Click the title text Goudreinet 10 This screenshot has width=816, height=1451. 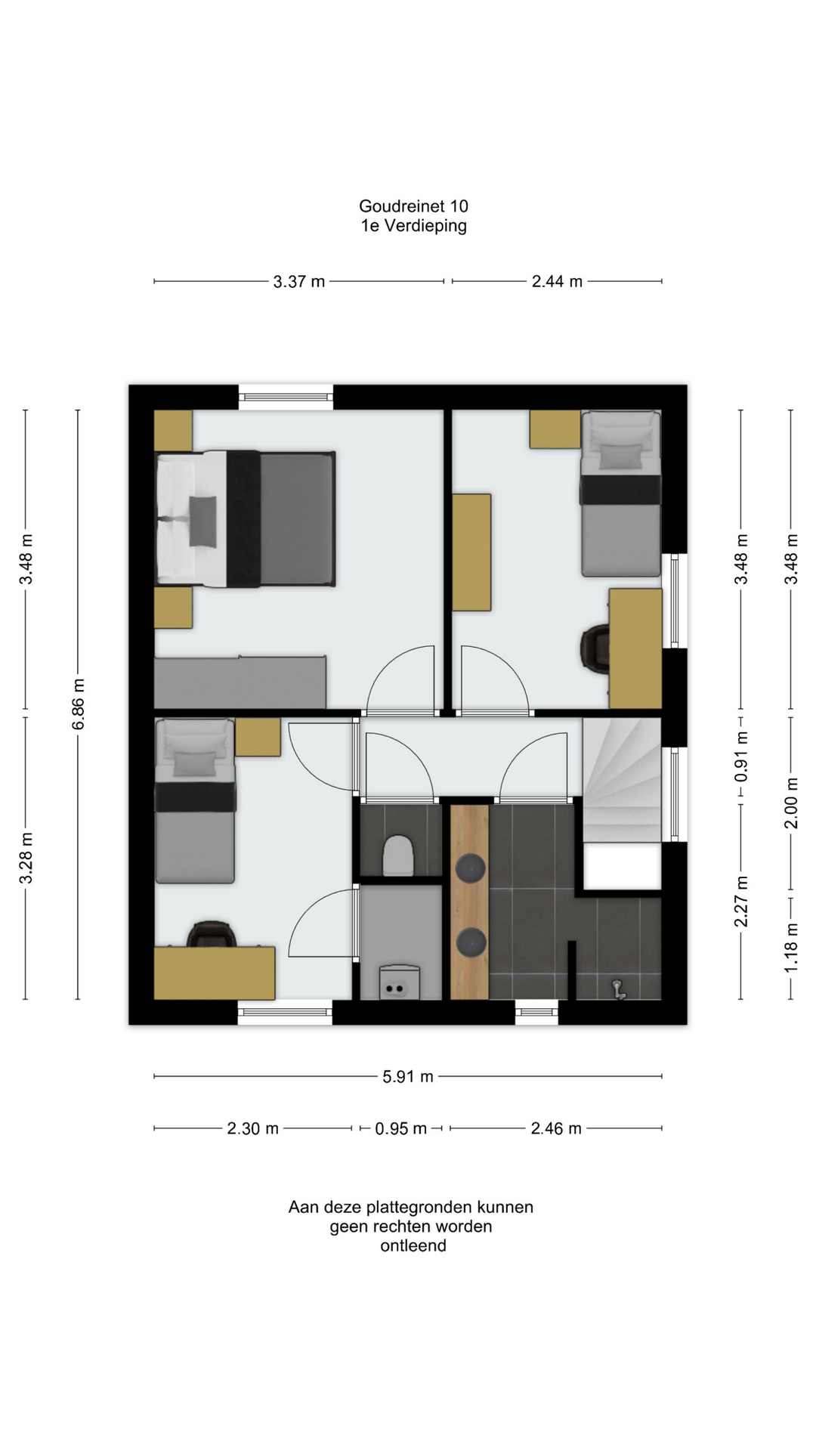[413, 206]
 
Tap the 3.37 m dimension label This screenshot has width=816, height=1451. [299, 281]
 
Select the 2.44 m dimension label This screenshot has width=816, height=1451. [557, 281]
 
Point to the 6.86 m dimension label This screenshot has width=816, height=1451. [79, 704]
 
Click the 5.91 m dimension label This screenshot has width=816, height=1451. [408, 1076]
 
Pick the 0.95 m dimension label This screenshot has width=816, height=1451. [401, 1128]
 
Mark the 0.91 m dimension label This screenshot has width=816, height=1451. [741, 756]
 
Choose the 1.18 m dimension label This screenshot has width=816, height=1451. [791, 948]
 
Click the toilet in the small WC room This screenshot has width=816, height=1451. [398, 855]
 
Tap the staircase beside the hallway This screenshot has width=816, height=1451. [622, 780]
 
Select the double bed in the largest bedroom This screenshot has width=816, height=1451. [245, 518]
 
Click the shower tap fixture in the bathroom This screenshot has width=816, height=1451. [619, 988]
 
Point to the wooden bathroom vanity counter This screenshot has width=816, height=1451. [470, 902]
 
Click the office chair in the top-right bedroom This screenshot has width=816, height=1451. [595, 649]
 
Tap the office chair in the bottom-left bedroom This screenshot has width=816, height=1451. [212, 934]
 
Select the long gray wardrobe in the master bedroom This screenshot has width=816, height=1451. [240, 682]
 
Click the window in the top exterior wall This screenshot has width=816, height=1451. [286, 397]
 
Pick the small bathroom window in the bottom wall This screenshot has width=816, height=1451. [536, 1012]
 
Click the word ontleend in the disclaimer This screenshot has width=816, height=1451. [413, 1245]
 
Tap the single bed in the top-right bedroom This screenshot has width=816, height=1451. [621, 493]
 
